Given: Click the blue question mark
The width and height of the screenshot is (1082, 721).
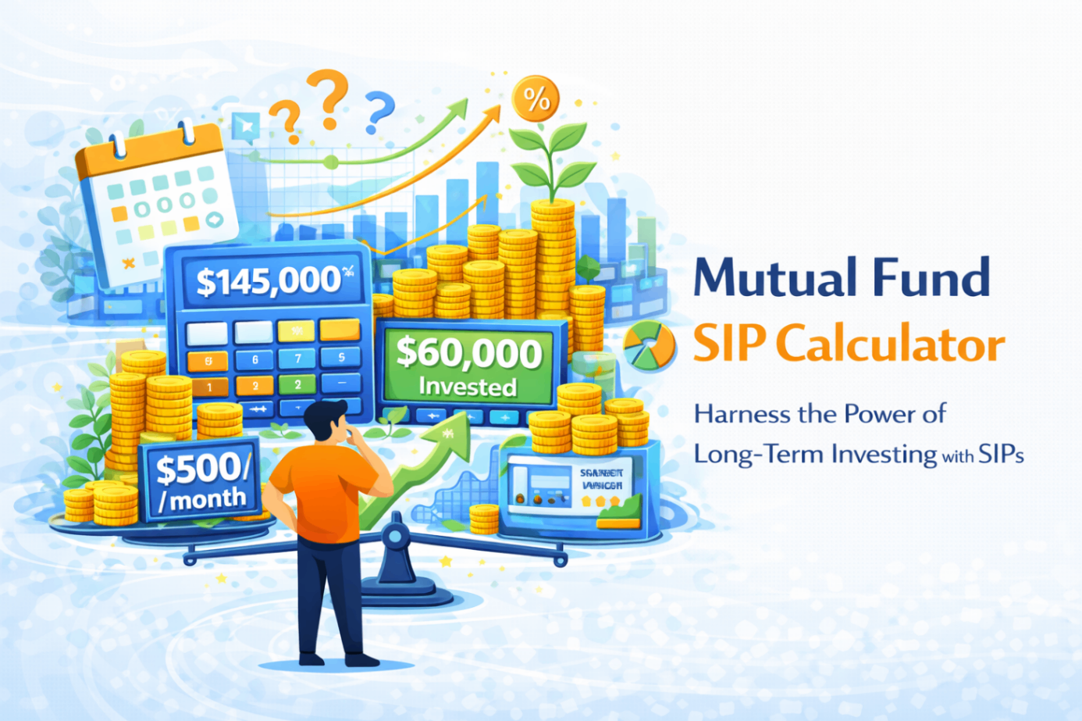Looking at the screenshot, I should click(379, 111).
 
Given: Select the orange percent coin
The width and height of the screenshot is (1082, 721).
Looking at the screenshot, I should click(536, 98).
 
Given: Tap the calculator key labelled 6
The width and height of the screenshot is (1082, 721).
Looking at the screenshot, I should click(254, 359).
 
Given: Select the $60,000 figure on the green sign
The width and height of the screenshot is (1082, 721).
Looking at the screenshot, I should click(468, 353).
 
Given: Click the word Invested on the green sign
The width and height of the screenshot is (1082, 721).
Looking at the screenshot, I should click(468, 387).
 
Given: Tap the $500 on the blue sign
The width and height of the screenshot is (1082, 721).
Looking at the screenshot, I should click(202, 469).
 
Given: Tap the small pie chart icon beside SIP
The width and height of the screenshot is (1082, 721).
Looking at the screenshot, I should click(650, 345).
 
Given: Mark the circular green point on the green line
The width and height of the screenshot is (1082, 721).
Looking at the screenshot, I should click(331, 162).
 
